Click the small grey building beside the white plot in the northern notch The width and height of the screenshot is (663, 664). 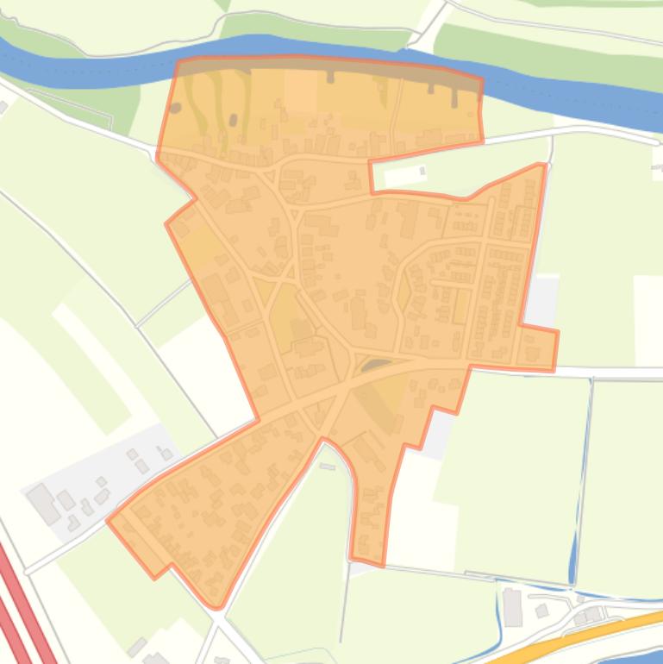click(x=422, y=171)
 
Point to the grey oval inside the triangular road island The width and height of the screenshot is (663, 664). click(x=376, y=366)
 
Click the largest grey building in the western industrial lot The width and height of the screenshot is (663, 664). click(x=42, y=503)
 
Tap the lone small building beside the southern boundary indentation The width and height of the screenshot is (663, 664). click(x=327, y=467)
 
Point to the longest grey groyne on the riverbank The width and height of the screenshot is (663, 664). click(x=455, y=96)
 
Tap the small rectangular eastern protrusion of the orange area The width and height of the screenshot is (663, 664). click(x=539, y=348)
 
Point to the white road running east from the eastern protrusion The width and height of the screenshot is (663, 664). click(x=612, y=371)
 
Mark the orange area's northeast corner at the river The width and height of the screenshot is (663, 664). click(x=480, y=79)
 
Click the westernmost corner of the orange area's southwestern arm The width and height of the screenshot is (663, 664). click(x=109, y=520)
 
